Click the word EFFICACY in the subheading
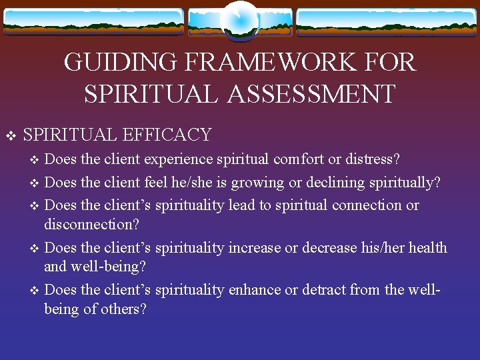tap(167, 135)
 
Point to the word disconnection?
tap(91, 224)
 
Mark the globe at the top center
tap(239, 20)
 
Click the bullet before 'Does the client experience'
tap(36, 161)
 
